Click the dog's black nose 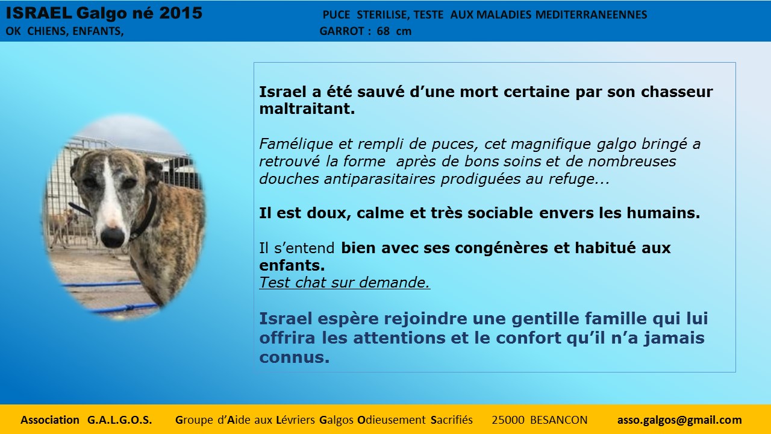tap(113, 237)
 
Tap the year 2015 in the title tap(181, 13)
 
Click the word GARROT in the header tap(342, 31)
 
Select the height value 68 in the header tap(383, 31)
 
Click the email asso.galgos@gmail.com tap(679, 420)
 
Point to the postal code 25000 tap(508, 420)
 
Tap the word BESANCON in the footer tap(558, 420)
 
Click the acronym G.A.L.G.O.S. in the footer tap(119, 420)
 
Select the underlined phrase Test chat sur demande tap(345, 283)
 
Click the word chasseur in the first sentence tap(676, 92)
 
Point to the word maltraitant tap(307, 109)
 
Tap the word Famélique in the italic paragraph tap(296, 144)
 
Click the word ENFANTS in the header tap(98, 31)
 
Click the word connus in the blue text tap(295, 357)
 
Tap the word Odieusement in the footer tap(392, 420)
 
